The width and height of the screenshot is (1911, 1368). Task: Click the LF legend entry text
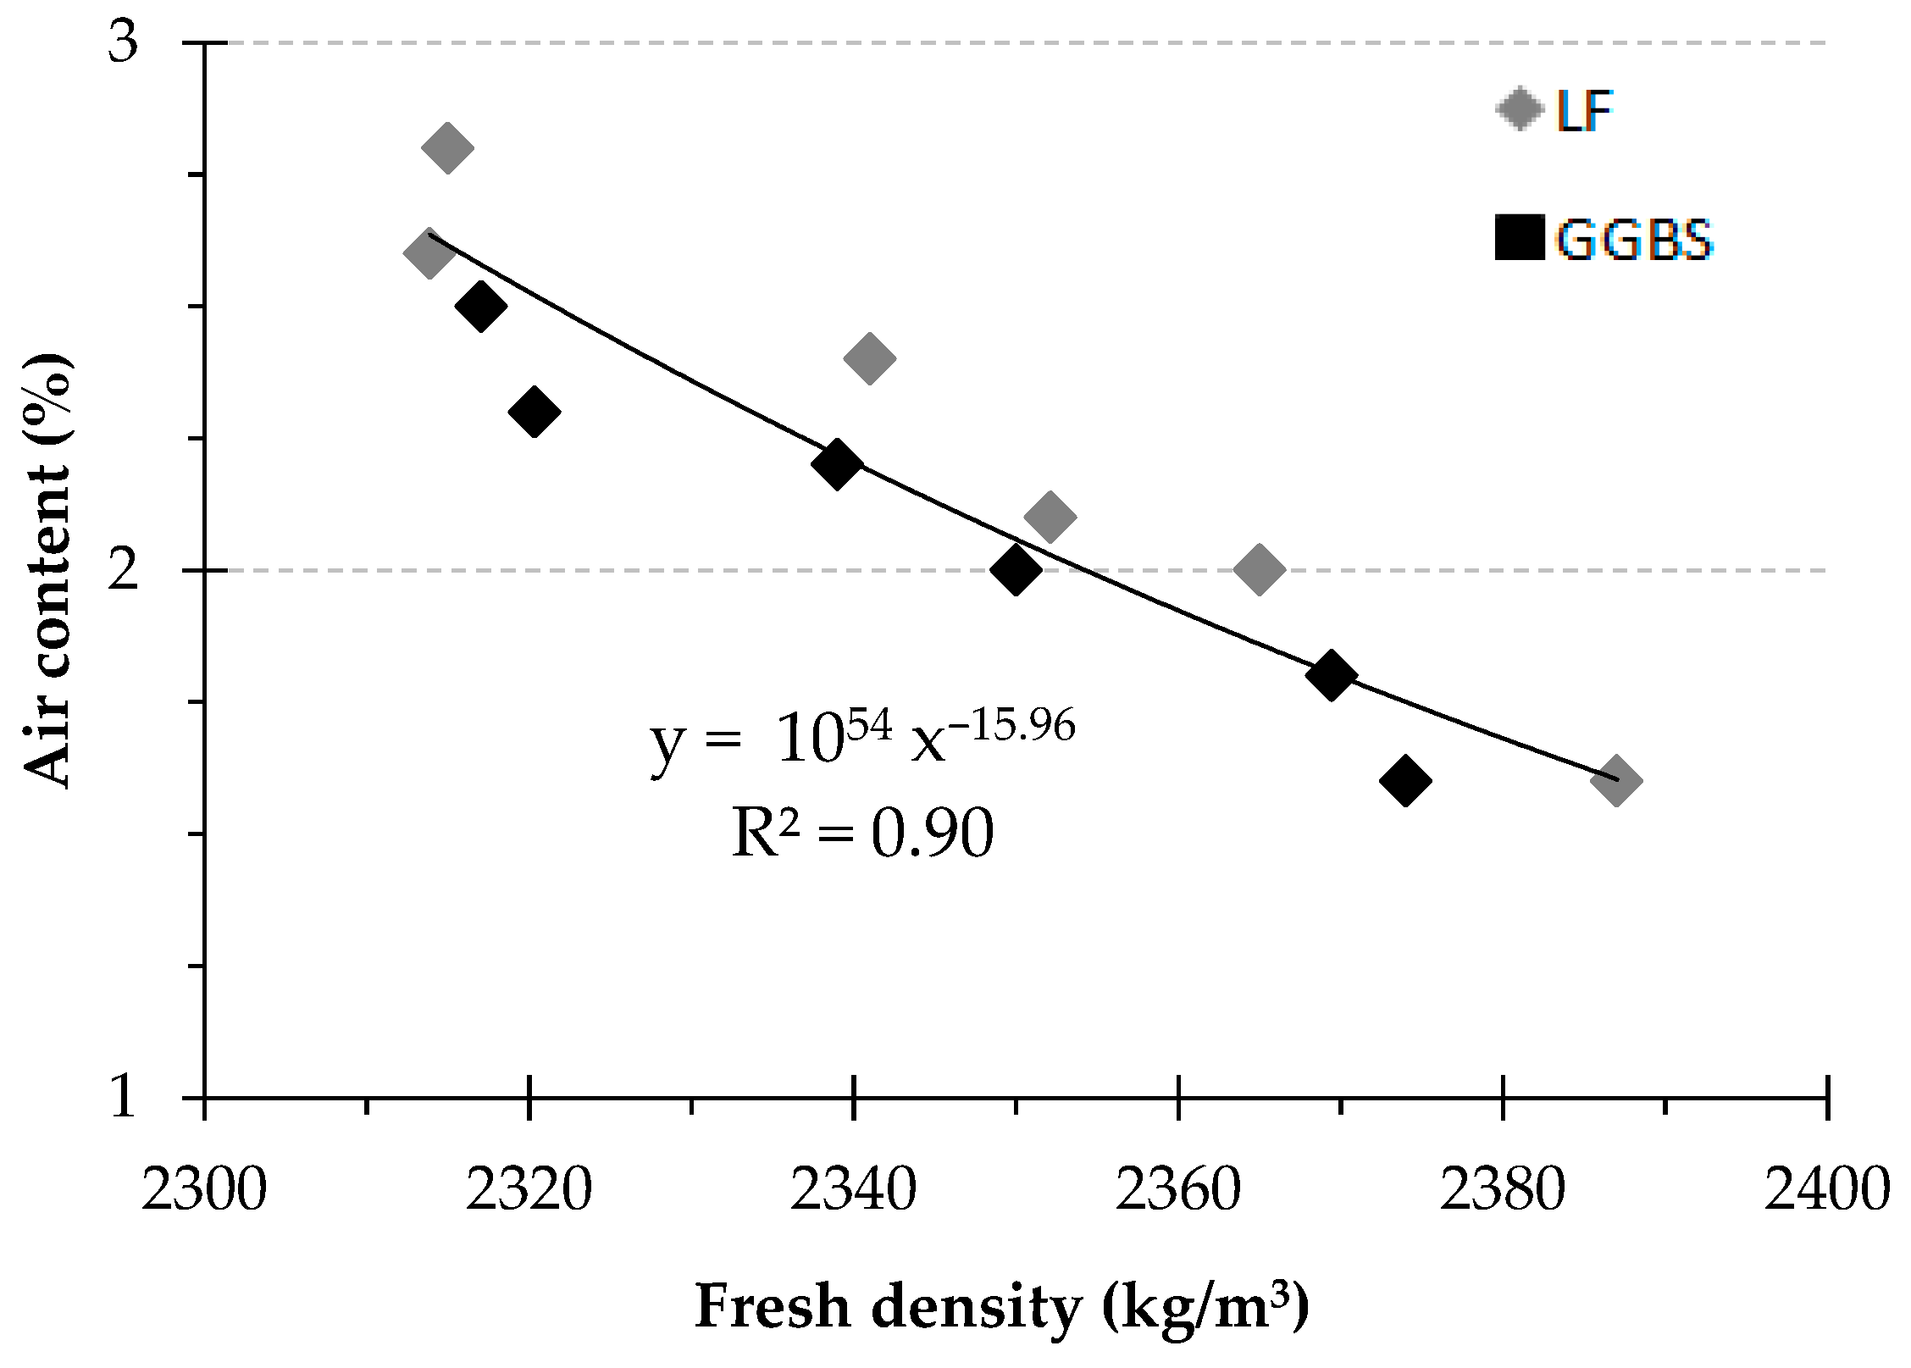[x=1584, y=110]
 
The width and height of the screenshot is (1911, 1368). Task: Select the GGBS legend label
[x=1634, y=240]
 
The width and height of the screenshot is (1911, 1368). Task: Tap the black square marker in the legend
[x=1520, y=237]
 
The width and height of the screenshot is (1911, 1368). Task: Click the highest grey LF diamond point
[x=447, y=147]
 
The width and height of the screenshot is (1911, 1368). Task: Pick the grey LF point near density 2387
[x=1616, y=780]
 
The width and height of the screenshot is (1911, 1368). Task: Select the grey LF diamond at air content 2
[x=1260, y=569]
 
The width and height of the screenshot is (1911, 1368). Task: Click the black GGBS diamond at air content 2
[x=1016, y=569]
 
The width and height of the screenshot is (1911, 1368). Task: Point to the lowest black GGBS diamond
[x=1405, y=780]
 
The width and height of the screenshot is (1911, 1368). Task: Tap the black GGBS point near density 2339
[x=837, y=463]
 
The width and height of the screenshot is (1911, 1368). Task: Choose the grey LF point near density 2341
[x=870, y=357]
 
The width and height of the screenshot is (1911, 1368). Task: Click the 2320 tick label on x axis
[x=529, y=1190]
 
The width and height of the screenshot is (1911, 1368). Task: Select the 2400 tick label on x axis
[x=1827, y=1190]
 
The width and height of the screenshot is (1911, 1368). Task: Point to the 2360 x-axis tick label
[x=1177, y=1190]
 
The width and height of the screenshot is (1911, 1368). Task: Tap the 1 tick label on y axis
[x=123, y=1096]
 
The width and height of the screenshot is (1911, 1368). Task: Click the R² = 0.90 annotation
[x=862, y=833]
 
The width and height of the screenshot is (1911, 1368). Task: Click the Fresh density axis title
[x=1002, y=1306]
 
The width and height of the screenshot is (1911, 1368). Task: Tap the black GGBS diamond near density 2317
[x=481, y=306]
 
